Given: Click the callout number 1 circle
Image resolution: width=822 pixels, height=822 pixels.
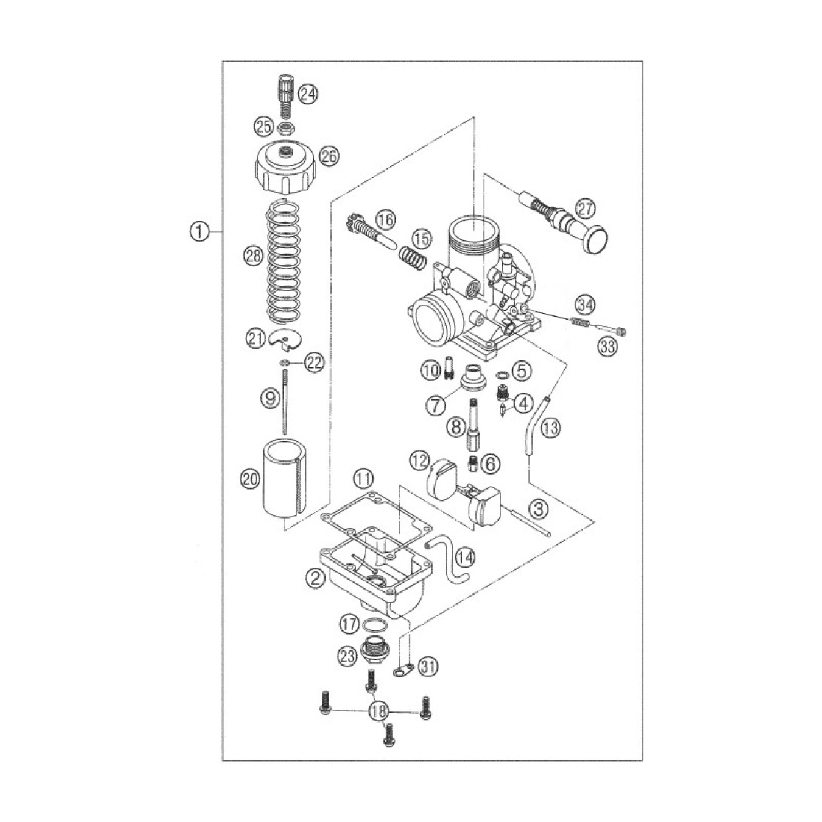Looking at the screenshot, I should click(x=198, y=232).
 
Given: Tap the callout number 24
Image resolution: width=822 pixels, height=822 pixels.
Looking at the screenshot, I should click(x=308, y=94).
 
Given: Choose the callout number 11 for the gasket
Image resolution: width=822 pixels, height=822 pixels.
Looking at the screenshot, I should click(x=363, y=477).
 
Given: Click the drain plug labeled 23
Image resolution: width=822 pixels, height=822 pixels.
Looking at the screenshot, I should click(x=372, y=651).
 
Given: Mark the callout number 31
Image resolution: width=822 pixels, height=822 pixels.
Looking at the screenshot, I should click(x=427, y=664).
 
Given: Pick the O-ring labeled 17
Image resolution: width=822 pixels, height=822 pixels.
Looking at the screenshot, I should click(x=377, y=625).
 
